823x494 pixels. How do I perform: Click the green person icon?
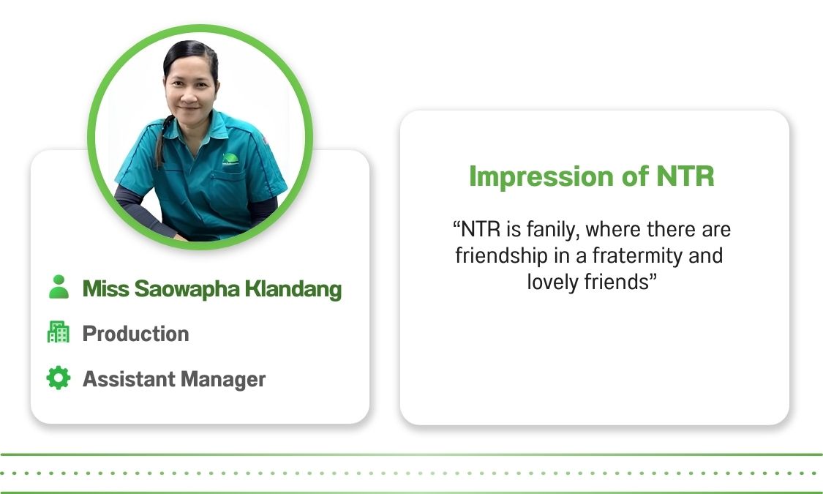pyautogui.click(x=59, y=287)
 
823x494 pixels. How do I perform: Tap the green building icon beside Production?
pyautogui.click(x=59, y=332)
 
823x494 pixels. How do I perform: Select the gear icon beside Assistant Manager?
pyautogui.click(x=59, y=378)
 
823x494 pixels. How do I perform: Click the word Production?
pyautogui.click(x=136, y=334)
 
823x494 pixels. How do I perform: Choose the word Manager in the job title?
pyautogui.click(x=223, y=380)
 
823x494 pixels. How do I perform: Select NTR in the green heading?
pyautogui.click(x=685, y=176)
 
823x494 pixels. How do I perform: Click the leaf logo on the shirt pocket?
pyautogui.click(x=230, y=159)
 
